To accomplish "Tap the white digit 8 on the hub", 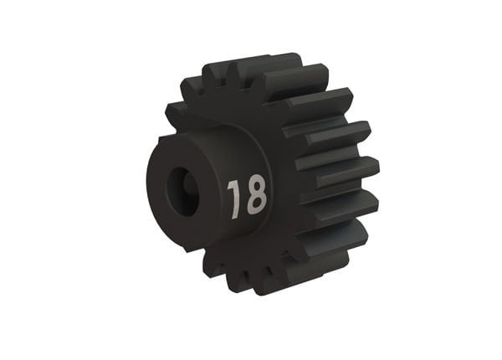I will point(255,195).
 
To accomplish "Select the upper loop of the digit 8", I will point(254,186).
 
